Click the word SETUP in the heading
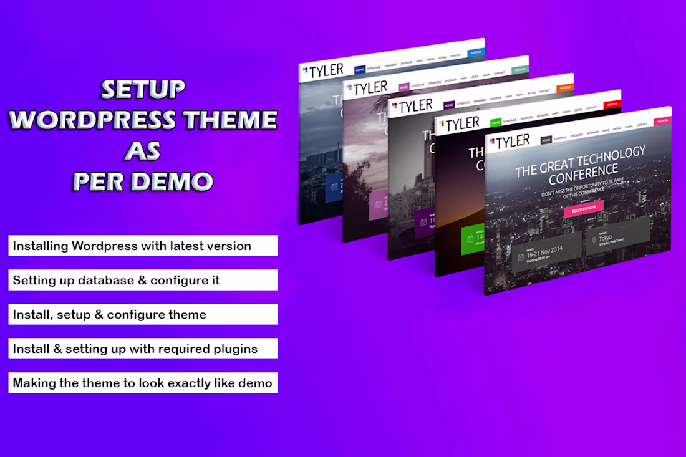(x=143, y=89)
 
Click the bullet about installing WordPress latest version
(x=143, y=246)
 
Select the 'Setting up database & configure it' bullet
(x=143, y=280)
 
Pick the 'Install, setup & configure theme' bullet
(x=143, y=314)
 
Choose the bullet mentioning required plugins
(x=143, y=349)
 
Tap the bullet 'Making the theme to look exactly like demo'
(x=143, y=383)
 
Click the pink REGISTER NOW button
(x=584, y=208)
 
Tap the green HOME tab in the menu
(x=496, y=122)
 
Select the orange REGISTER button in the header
(x=565, y=88)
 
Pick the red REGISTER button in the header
(x=612, y=104)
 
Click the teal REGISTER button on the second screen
(x=519, y=70)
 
